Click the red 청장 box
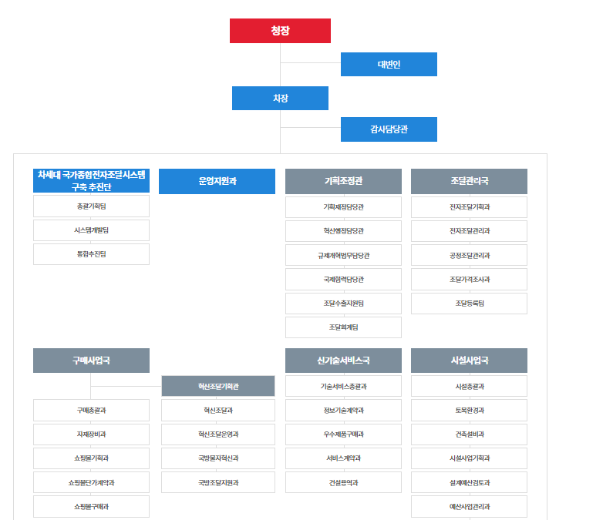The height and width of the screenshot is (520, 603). [280, 31]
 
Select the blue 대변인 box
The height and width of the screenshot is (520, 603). [389, 65]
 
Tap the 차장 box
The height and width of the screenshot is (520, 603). [280, 99]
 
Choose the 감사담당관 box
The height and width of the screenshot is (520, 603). [389, 129]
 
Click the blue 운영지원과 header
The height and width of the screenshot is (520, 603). [217, 181]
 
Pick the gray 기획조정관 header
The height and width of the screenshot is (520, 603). [343, 181]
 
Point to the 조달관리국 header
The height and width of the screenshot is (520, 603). [469, 181]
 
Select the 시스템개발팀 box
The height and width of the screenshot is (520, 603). [91, 230]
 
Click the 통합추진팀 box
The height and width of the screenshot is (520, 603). [91, 254]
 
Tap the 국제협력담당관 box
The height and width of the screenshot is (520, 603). [343, 279]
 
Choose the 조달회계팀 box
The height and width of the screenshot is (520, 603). [343, 327]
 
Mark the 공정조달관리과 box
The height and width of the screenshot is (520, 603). [469, 255]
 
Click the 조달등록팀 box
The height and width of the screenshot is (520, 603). [469, 304]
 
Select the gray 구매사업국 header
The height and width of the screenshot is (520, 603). [91, 361]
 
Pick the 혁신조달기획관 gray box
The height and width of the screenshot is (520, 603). [218, 386]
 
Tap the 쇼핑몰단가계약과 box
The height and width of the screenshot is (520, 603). [91, 482]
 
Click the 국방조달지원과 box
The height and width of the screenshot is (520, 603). [218, 482]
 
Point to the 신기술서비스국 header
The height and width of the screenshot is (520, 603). [343, 361]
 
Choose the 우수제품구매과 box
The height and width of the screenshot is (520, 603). [343, 434]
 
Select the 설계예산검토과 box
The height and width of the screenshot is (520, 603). [469, 482]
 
